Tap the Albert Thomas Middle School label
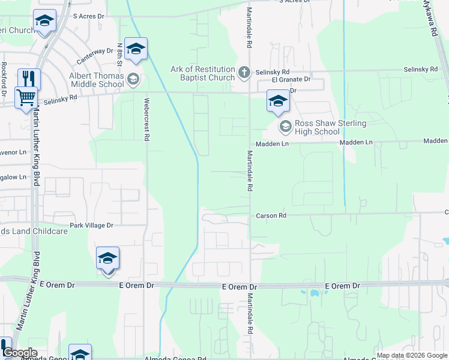point(96,80)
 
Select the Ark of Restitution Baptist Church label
point(202,73)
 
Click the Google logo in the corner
point(19,353)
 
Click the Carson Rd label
point(271,215)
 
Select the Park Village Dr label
point(91,226)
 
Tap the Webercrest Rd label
point(146,119)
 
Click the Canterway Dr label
point(95,56)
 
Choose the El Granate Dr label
point(291,79)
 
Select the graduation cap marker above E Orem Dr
point(108,259)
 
